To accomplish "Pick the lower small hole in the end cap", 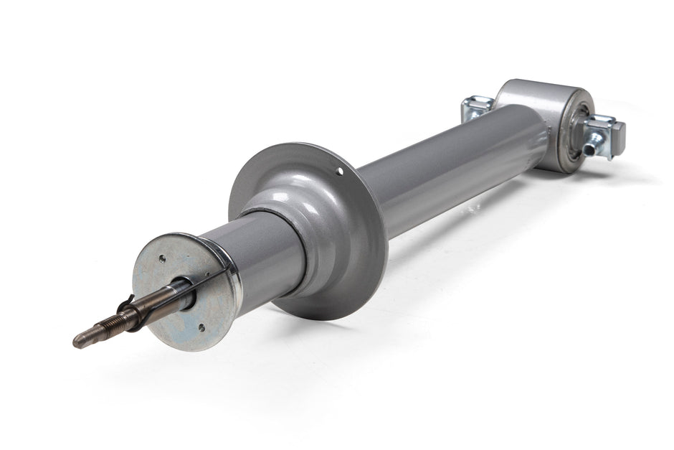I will coord(201,327).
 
